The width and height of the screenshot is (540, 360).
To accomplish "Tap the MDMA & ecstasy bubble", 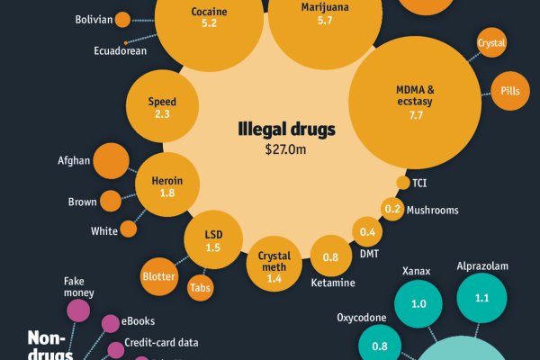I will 415,102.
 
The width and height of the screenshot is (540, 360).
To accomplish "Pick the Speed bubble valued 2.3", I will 162,107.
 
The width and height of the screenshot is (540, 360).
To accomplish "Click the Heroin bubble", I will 167,187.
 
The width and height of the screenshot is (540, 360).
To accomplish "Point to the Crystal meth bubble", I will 274,261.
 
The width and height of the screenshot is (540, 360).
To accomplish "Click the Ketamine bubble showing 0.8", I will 331,258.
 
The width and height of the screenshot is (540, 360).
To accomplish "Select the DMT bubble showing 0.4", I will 367,232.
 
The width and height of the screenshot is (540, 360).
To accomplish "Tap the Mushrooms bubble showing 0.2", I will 391,210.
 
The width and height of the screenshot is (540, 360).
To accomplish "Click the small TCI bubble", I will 402,184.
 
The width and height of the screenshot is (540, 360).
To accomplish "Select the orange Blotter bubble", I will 159,277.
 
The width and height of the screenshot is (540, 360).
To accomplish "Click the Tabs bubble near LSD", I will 200,289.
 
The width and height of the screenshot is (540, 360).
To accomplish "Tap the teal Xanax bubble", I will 418,304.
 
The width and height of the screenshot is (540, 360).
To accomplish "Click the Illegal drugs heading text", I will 286,130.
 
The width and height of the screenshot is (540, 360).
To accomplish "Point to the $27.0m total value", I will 286,149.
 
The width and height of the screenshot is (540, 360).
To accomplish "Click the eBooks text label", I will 139,321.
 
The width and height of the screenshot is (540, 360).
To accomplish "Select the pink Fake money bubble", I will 78,310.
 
